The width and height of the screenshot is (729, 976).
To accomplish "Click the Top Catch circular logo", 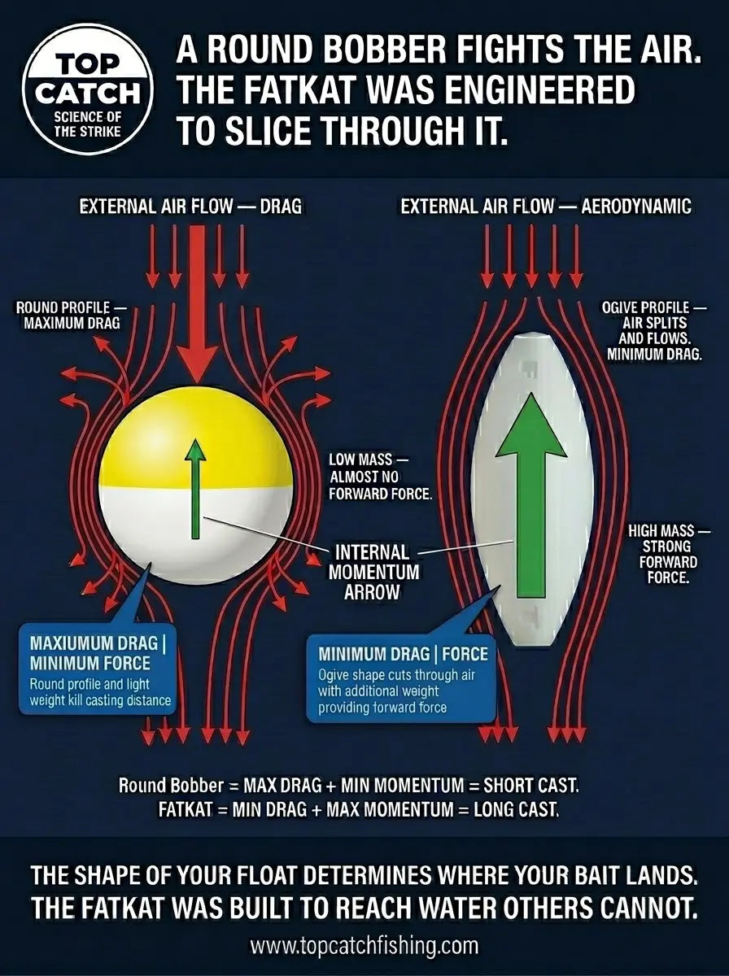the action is click(x=88, y=89).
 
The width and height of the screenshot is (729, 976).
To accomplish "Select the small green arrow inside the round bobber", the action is click(x=195, y=489).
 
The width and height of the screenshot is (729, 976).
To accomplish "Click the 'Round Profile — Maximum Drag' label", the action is click(x=71, y=315).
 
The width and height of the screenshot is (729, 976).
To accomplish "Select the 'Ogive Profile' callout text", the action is click(x=653, y=330).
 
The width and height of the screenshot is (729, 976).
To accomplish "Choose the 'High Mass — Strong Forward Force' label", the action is click(x=668, y=554).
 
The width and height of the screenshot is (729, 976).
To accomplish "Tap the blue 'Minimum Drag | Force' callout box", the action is click(x=402, y=684).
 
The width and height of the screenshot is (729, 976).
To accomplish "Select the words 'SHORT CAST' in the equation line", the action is click(x=530, y=786).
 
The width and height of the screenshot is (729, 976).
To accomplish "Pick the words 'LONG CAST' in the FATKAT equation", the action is click(x=515, y=809).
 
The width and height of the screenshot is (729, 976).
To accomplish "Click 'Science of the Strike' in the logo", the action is click(x=87, y=124).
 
